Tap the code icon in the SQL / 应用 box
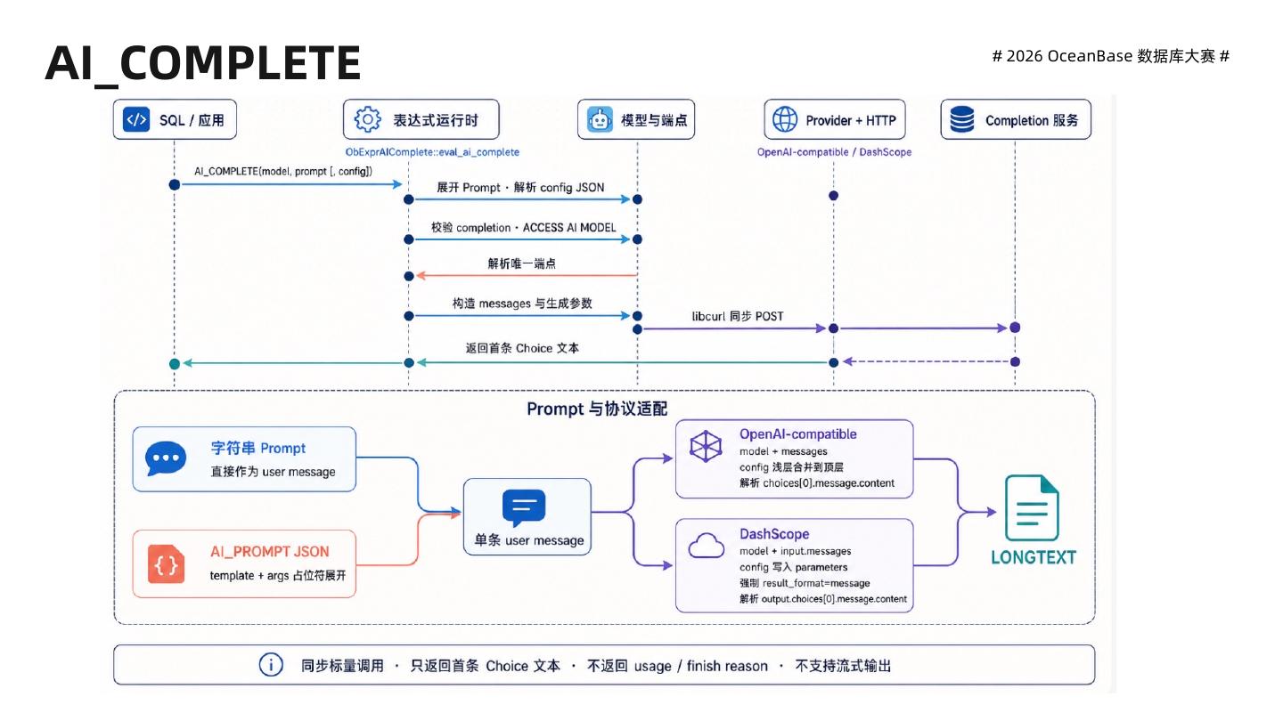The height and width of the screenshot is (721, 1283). (136, 119)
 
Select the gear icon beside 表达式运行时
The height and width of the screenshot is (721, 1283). (367, 119)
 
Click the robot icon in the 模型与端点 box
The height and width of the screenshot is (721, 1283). (600, 119)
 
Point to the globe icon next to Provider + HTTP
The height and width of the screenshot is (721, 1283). (785, 119)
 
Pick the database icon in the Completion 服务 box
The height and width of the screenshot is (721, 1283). (961, 119)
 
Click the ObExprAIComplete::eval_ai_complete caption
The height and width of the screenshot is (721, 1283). (432, 152)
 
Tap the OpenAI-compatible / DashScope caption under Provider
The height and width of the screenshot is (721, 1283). (834, 152)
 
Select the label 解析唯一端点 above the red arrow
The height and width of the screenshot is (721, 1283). (522, 263)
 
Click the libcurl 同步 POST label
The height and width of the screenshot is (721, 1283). (737, 317)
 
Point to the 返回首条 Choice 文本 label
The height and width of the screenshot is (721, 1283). (522, 348)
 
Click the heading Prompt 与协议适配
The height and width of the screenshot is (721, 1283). (597, 409)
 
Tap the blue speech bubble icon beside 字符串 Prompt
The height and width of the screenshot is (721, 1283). (166, 459)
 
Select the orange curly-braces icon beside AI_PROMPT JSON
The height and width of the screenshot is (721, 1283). (166, 564)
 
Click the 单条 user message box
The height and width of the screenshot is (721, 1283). (527, 516)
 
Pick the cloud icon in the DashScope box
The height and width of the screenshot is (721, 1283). (707, 546)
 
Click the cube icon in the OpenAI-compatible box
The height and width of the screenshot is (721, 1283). (706, 446)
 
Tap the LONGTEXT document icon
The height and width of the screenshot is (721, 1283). (1032, 507)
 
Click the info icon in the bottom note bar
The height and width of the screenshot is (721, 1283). (271, 665)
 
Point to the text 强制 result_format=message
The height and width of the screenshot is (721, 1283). (805, 583)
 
